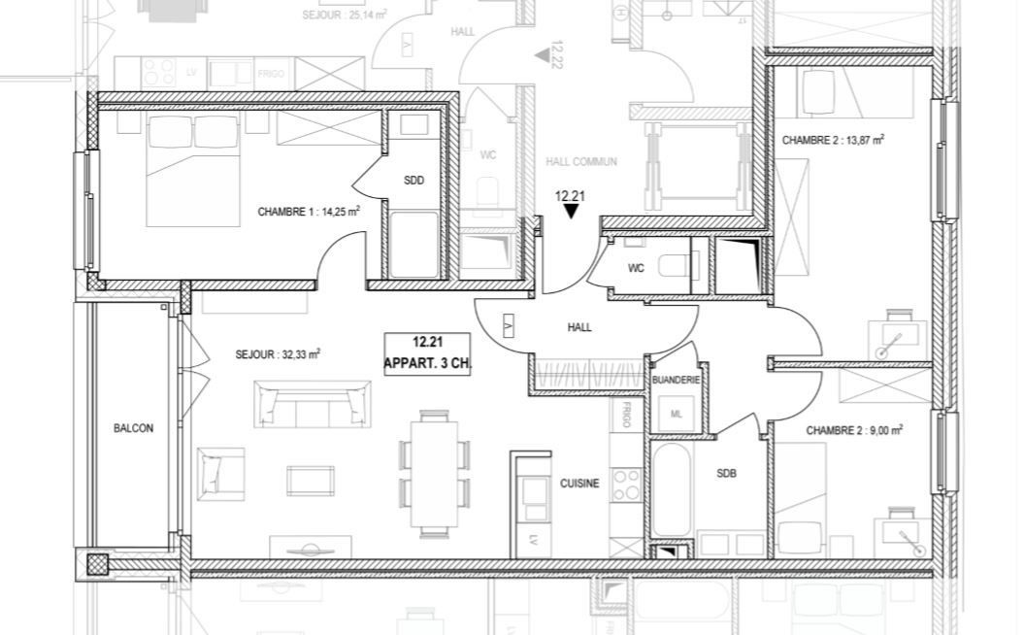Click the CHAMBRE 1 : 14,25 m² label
[309, 211]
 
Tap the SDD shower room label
[414, 180]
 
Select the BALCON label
[133, 428]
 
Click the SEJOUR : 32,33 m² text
[278, 354]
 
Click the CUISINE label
[579, 483]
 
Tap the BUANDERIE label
[677, 381]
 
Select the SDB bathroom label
[726, 474]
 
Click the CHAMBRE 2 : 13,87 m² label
[833, 140]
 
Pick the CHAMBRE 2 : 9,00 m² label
[854, 430]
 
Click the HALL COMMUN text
[581, 162]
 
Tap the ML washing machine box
[677, 412]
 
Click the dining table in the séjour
[434, 472]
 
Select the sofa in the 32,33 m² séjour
[314, 403]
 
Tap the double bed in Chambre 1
[194, 170]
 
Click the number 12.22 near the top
[556, 55]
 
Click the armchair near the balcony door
[220, 473]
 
